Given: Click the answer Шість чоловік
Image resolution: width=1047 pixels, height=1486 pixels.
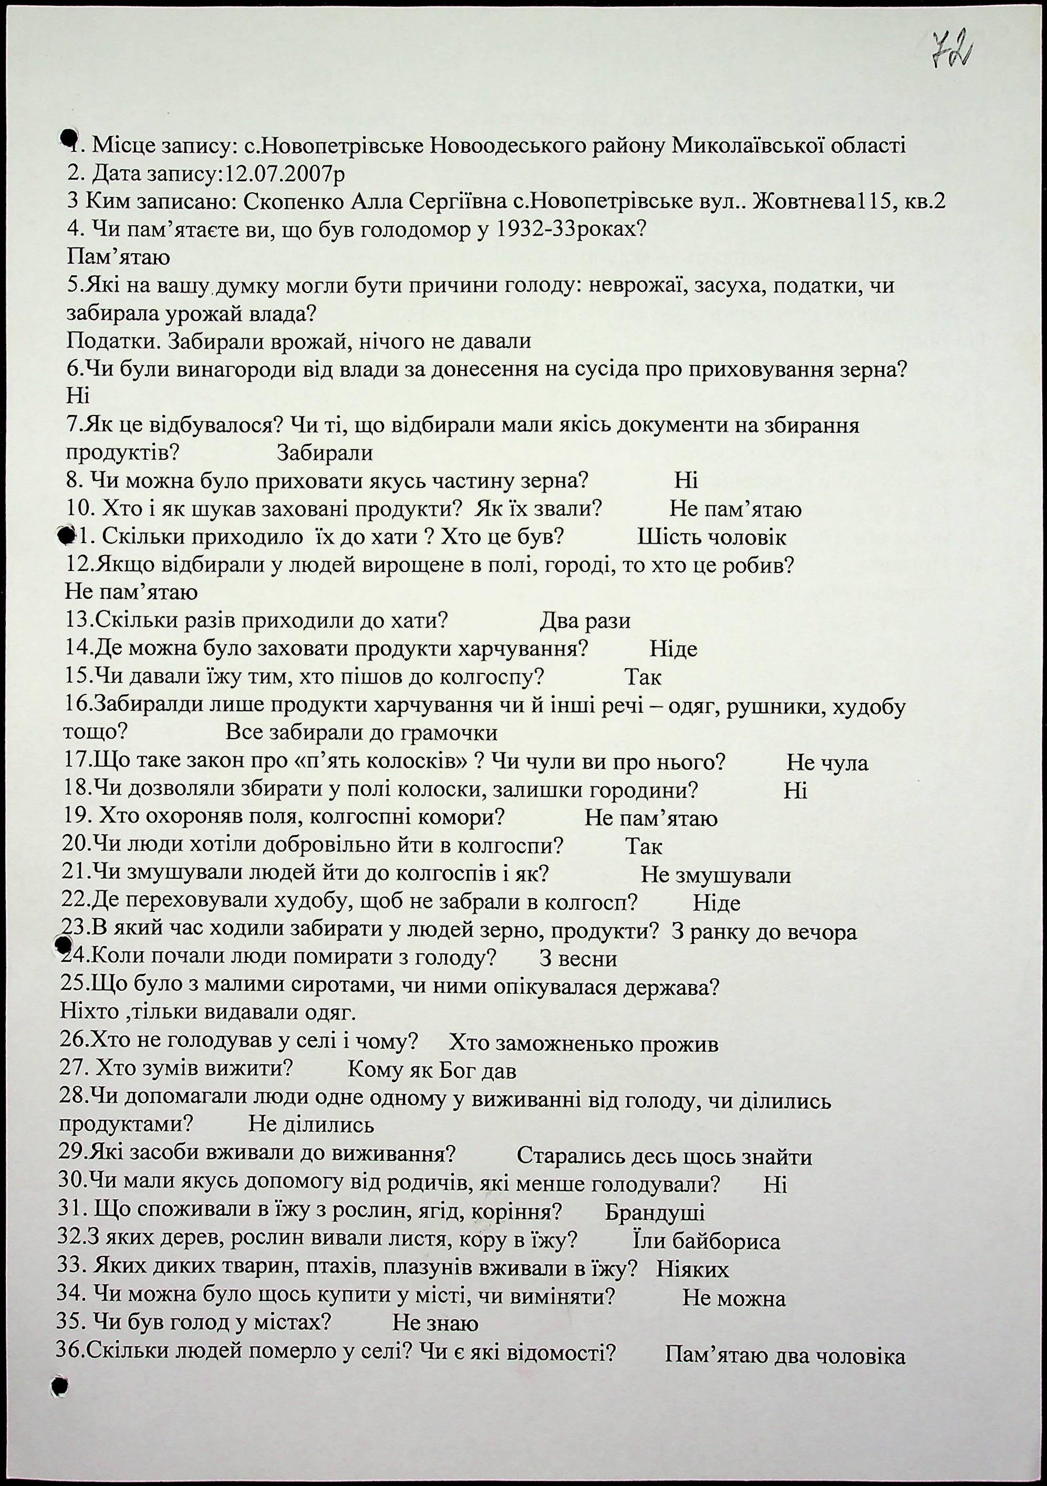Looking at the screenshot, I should (x=712, y=537).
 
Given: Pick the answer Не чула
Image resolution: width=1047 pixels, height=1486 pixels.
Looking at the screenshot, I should (x=827, y=763).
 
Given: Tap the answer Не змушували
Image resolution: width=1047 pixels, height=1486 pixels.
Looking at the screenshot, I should (x=716, y=876).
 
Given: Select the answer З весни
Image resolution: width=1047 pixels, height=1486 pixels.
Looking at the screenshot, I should (x=578, y=959).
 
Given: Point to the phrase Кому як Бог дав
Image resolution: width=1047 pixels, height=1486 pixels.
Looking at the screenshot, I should (x=432, y=1072).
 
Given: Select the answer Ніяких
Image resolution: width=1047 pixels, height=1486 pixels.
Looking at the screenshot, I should (x=692, y=1270).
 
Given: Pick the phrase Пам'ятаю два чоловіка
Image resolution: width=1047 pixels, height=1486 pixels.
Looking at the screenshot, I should (x=784, y=1356).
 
